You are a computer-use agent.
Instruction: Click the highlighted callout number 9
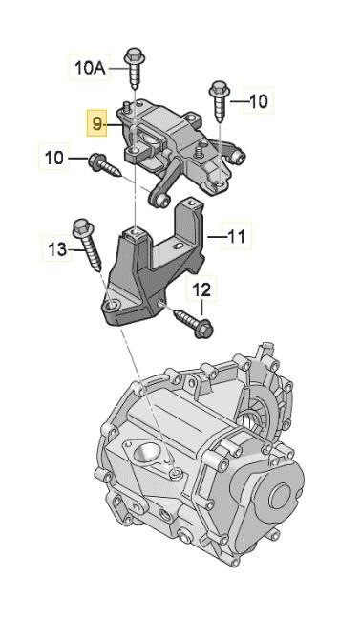tap(97, 123)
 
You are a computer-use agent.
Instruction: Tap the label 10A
tap(90, 67)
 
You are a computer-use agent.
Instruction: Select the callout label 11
tap(237, 236)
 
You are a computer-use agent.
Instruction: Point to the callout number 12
tap(202, 290)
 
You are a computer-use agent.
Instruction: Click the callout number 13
tap(58, 249)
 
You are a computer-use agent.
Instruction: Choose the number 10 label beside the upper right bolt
tap(258, 101)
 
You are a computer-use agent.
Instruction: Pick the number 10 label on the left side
tap(53, 158)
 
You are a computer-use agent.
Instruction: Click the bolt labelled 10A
tap(134, 67)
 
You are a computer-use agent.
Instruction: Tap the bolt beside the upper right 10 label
tap(219, 101)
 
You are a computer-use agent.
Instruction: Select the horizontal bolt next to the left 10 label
tap(104, 165)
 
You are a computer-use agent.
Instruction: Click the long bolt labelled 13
tap(88, 245)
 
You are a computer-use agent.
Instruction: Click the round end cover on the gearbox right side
tap(280, 496)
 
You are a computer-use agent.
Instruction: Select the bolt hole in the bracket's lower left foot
tap(112, 305)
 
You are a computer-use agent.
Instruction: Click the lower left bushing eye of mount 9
tap(159, 201)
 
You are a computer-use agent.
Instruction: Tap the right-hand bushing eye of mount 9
tap(237, 157)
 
